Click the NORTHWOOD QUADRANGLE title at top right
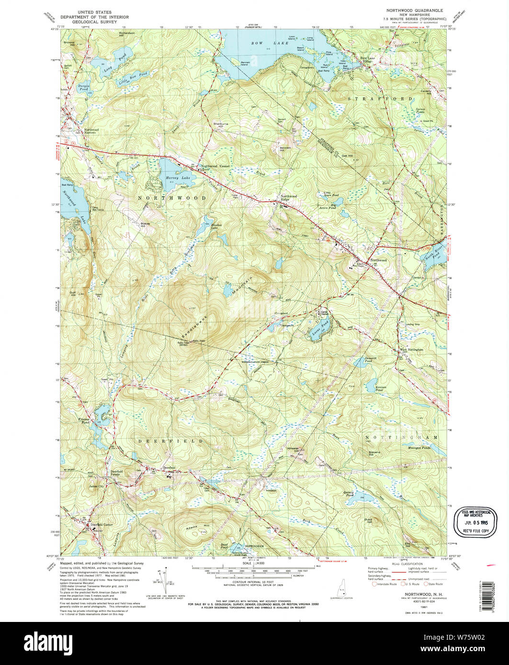(415, 10)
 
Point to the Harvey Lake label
(178, 177)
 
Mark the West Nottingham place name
(411, 350)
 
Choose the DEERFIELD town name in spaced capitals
(171, 441)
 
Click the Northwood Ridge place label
(289, 198)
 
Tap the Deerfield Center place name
(102, 525)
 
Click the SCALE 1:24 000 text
(255, 563)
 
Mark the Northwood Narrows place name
(91, 131)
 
